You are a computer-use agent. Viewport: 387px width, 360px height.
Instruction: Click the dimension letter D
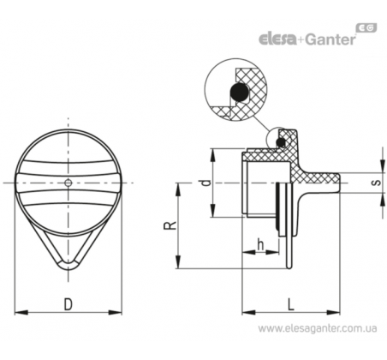[68, 304]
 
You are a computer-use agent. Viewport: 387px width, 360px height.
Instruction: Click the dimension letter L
[290, 304]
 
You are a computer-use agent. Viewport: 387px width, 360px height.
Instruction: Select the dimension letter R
[170, 225]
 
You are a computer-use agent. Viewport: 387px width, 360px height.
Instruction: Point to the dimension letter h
[260, 244]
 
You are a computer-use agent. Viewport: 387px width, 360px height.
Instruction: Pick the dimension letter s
[377, 183]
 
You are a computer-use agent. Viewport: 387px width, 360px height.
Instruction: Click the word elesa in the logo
[277, 39]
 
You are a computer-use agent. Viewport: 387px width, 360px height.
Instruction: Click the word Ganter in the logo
[330, 39]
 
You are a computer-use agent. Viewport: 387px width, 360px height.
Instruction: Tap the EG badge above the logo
[366, 27]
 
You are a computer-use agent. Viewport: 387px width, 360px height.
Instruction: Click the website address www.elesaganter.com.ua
[318, 328]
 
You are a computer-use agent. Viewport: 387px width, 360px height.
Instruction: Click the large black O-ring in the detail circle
[239, 92]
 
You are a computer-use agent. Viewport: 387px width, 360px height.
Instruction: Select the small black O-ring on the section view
[281, 142]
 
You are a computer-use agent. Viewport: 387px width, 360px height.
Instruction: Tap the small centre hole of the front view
[68, 183]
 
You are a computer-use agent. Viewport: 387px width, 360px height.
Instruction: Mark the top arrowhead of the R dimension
[178, 189]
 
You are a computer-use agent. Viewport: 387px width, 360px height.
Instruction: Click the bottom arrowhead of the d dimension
[212, 211]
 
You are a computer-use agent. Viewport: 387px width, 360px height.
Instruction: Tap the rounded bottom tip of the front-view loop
[68, 267]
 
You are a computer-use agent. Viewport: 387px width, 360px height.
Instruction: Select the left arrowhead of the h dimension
[248, 252]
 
